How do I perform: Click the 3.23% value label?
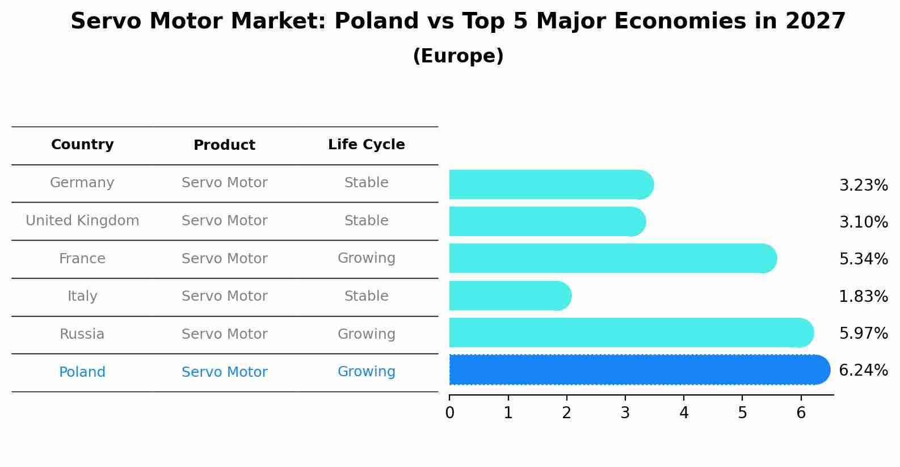point(863,186)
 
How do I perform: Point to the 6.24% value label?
point(863,371)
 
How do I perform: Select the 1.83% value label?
point(863,296)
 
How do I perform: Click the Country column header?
point(82,145)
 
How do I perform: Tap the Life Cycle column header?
point(366,145)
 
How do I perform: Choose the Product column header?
point(224,145)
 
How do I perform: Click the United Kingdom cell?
point(82,221)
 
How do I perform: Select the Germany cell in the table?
point(82,183)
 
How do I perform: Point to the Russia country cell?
point(82,334)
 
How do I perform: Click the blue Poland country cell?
point(82,372)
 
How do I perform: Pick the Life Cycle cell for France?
point(366,258)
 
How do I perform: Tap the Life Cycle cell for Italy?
point(366,296)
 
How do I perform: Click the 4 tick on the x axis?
point(684,413)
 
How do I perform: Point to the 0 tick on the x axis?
point(449,413)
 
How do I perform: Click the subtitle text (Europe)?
point(458,56)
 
